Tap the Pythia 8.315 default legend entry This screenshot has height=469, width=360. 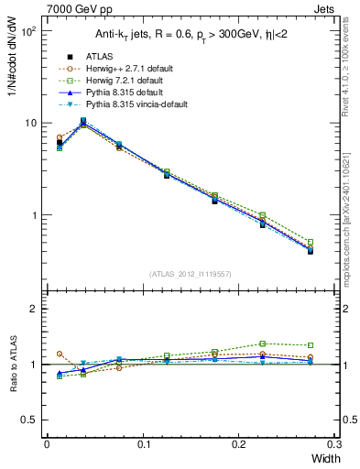point(112,93)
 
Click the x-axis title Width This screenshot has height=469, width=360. point(324,457)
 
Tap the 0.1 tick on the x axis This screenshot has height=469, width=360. point(143,444)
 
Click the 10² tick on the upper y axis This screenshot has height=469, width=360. point(27,30)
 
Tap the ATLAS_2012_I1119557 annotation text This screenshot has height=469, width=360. point(190,274)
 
